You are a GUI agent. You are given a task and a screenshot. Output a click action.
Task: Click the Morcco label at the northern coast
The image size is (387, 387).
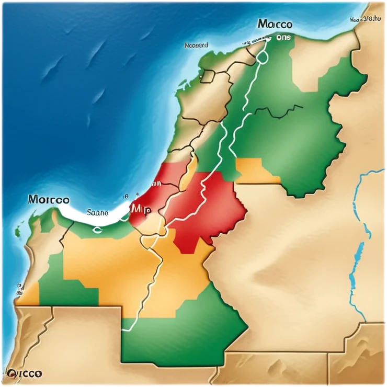pyautogui.click(x=275, y=25)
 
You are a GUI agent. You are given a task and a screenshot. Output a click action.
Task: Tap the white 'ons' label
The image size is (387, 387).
pyautogui.click(x=283, y=38)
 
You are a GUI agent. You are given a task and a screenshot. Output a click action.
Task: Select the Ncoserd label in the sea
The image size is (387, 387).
pyautogui.click(x=197, y=45)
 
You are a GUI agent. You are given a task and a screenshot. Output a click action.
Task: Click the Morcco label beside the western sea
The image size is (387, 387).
pyautogui.click(x=48, y=199)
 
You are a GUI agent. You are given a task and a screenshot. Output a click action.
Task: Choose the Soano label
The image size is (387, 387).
pyautogui.click(x=96, y=213)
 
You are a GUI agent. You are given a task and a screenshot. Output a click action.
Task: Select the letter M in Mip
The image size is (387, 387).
pyautogui.click(x=135, y=208)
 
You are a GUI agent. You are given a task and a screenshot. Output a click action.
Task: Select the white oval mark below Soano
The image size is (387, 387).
pyautogui.click(x=98, y=228)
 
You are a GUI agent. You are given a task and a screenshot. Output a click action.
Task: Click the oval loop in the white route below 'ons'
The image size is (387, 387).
pyautogui.click(x=261, y=58)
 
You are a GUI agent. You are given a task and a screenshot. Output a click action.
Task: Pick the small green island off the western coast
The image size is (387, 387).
pyautogui.click(x=18, y=231)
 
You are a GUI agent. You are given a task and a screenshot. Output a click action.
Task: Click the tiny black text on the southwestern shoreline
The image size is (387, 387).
pyautogui.click(x=20, y=288)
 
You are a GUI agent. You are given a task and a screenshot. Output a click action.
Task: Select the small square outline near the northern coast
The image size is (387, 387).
pyautogui.click(x=208, y=76)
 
